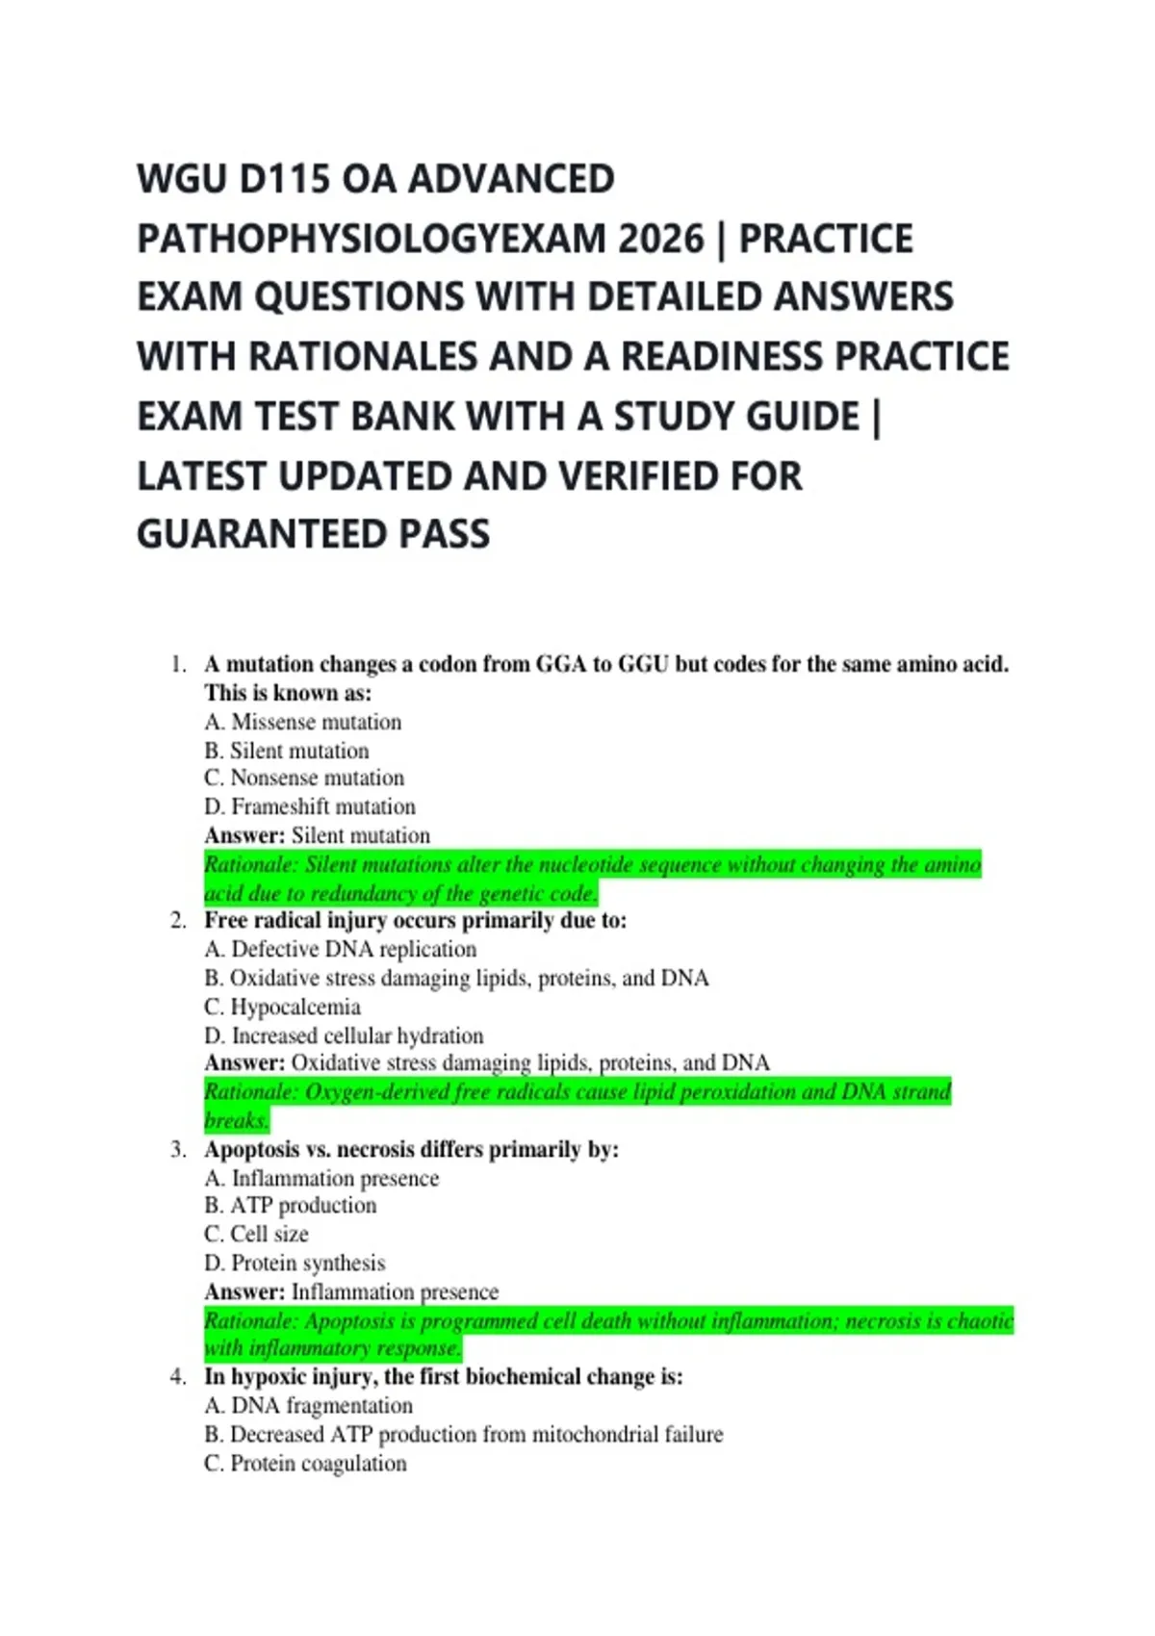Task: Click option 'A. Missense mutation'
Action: (302, 722)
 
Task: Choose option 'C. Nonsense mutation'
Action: (303, 778)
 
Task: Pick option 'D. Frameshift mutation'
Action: (309, 806)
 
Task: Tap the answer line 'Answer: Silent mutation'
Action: (317, 835)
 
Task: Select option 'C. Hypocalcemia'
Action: (282, 1007)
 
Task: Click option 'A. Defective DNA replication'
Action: (340, 949)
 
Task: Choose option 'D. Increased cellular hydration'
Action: (344, 1035)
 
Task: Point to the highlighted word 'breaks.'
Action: (236, 1120)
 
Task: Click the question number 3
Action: (178, 1149)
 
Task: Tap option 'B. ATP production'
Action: (290, 1205)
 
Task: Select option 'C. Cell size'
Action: (256, 1234)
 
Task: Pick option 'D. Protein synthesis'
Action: (295, 1263)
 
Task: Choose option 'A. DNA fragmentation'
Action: (308, 1405)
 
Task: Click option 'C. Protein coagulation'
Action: (305, 1463)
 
